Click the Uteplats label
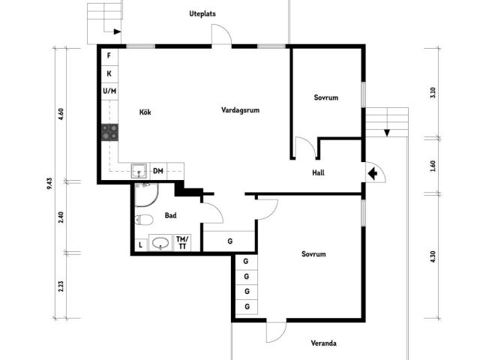(202, 13)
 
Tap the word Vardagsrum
(240, 110)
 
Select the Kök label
(145, 112)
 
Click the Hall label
(318, 172)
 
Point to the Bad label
(170, 215)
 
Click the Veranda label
(323, 343)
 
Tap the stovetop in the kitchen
(110, 132)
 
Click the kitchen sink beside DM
(139, 171)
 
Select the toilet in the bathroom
(144, 220)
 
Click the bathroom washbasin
(160, 243)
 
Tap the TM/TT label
(182, 242)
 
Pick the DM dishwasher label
(158, 171)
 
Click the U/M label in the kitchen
(109, 91)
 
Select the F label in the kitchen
(109, 55)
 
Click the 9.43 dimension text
(49, 183)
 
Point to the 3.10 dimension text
(433, 92)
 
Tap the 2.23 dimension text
(61, 286)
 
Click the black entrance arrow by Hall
(372, 174)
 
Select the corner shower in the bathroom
(147, 195)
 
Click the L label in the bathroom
(140, 245)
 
